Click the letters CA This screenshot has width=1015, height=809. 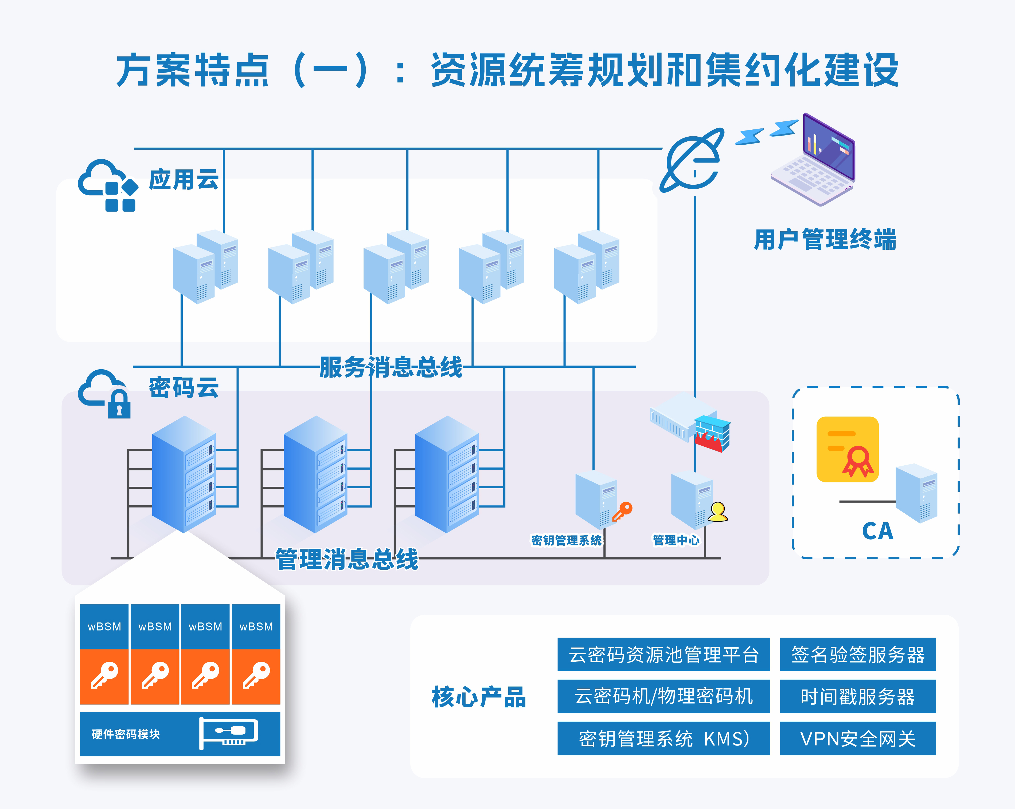tap(877, 531)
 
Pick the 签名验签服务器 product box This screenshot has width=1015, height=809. tap(858, 654)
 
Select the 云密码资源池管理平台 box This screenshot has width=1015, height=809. tap(663, 654)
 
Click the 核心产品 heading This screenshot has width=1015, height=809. tap(479, 697)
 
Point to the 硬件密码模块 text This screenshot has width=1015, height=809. tap(126, 734)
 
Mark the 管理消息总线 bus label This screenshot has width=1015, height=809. tap(347, 559)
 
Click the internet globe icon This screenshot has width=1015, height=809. tap(692, 160)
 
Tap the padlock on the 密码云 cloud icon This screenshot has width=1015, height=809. tap(119, 404)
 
